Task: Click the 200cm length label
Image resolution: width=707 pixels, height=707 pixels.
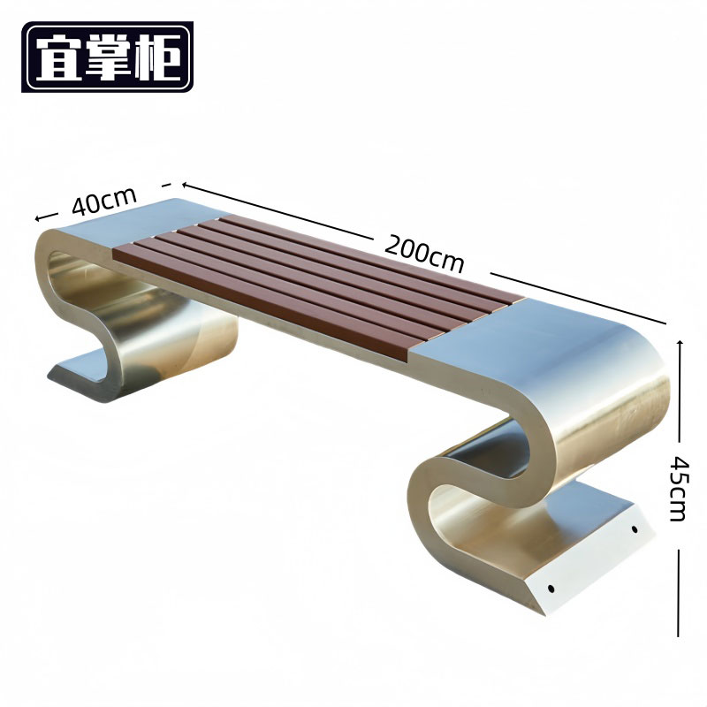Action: click(x=424, y=254)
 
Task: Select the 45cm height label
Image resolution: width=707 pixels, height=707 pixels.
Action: click(x=679, y=489)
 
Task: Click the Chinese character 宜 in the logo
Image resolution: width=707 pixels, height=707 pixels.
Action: click(x=58, y=57)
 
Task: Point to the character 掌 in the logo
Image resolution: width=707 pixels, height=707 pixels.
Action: click(x=108, y=57)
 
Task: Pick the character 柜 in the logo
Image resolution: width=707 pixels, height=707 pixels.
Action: click(x=158, y=57)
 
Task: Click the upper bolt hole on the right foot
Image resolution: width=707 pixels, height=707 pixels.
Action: click(x=635, y=528)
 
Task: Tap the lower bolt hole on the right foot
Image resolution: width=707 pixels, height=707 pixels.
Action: click(x=551, y=588)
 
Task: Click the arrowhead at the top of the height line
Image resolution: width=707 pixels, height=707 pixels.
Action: click(x=680, y=345)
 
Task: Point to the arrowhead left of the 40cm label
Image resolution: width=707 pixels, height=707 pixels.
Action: click(x=39, y=218)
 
